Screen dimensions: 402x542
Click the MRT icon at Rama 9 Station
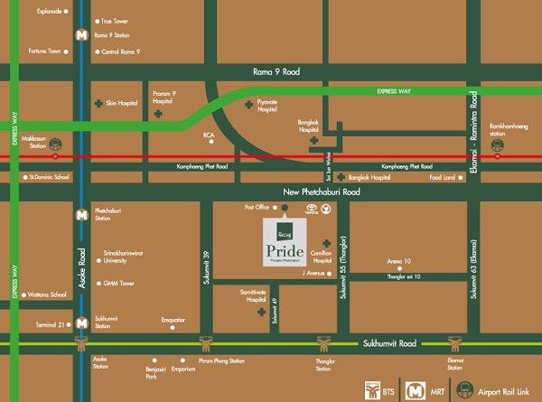tap(82, 35)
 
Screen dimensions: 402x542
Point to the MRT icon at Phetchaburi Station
tap(81, 215)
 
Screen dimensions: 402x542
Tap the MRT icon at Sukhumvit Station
tap(81, 323)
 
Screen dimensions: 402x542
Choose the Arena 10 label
tap(399, 261)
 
